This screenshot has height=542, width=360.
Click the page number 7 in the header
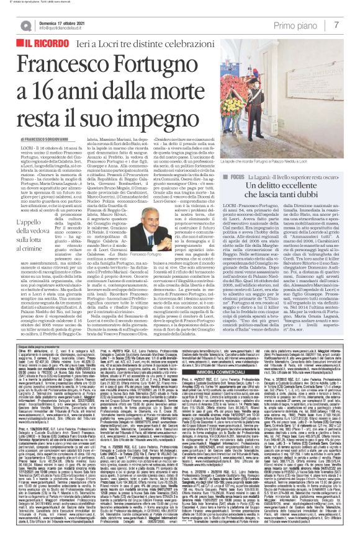[x=352, y=25]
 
